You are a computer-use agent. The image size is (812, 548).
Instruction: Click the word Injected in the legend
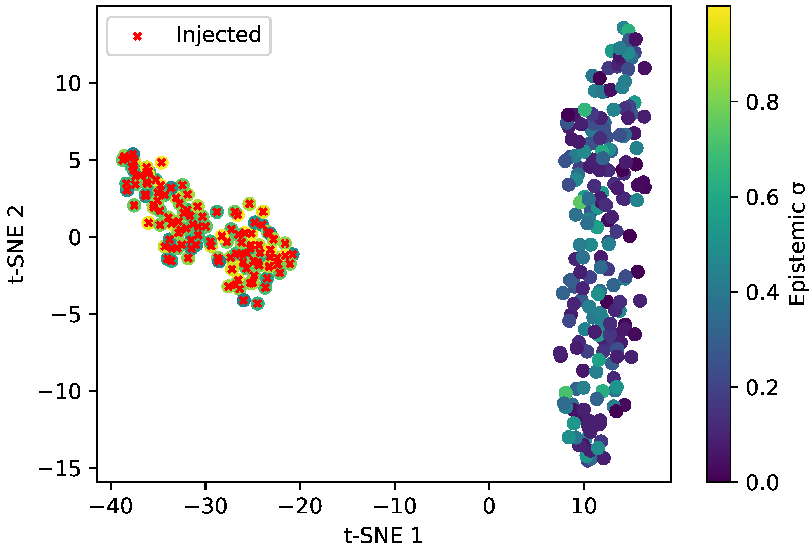[x=219, y=35]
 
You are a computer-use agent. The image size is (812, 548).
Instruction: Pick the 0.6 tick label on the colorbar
[x=762, y=197]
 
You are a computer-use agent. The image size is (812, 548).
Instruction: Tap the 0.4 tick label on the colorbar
[x=762, y=293]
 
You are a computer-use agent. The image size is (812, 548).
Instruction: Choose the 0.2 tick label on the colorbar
[x=762, y=387]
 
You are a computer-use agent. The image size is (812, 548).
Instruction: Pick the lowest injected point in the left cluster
[x=257, y=304]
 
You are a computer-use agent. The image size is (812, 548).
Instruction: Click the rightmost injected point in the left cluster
[x=293, y=254]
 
